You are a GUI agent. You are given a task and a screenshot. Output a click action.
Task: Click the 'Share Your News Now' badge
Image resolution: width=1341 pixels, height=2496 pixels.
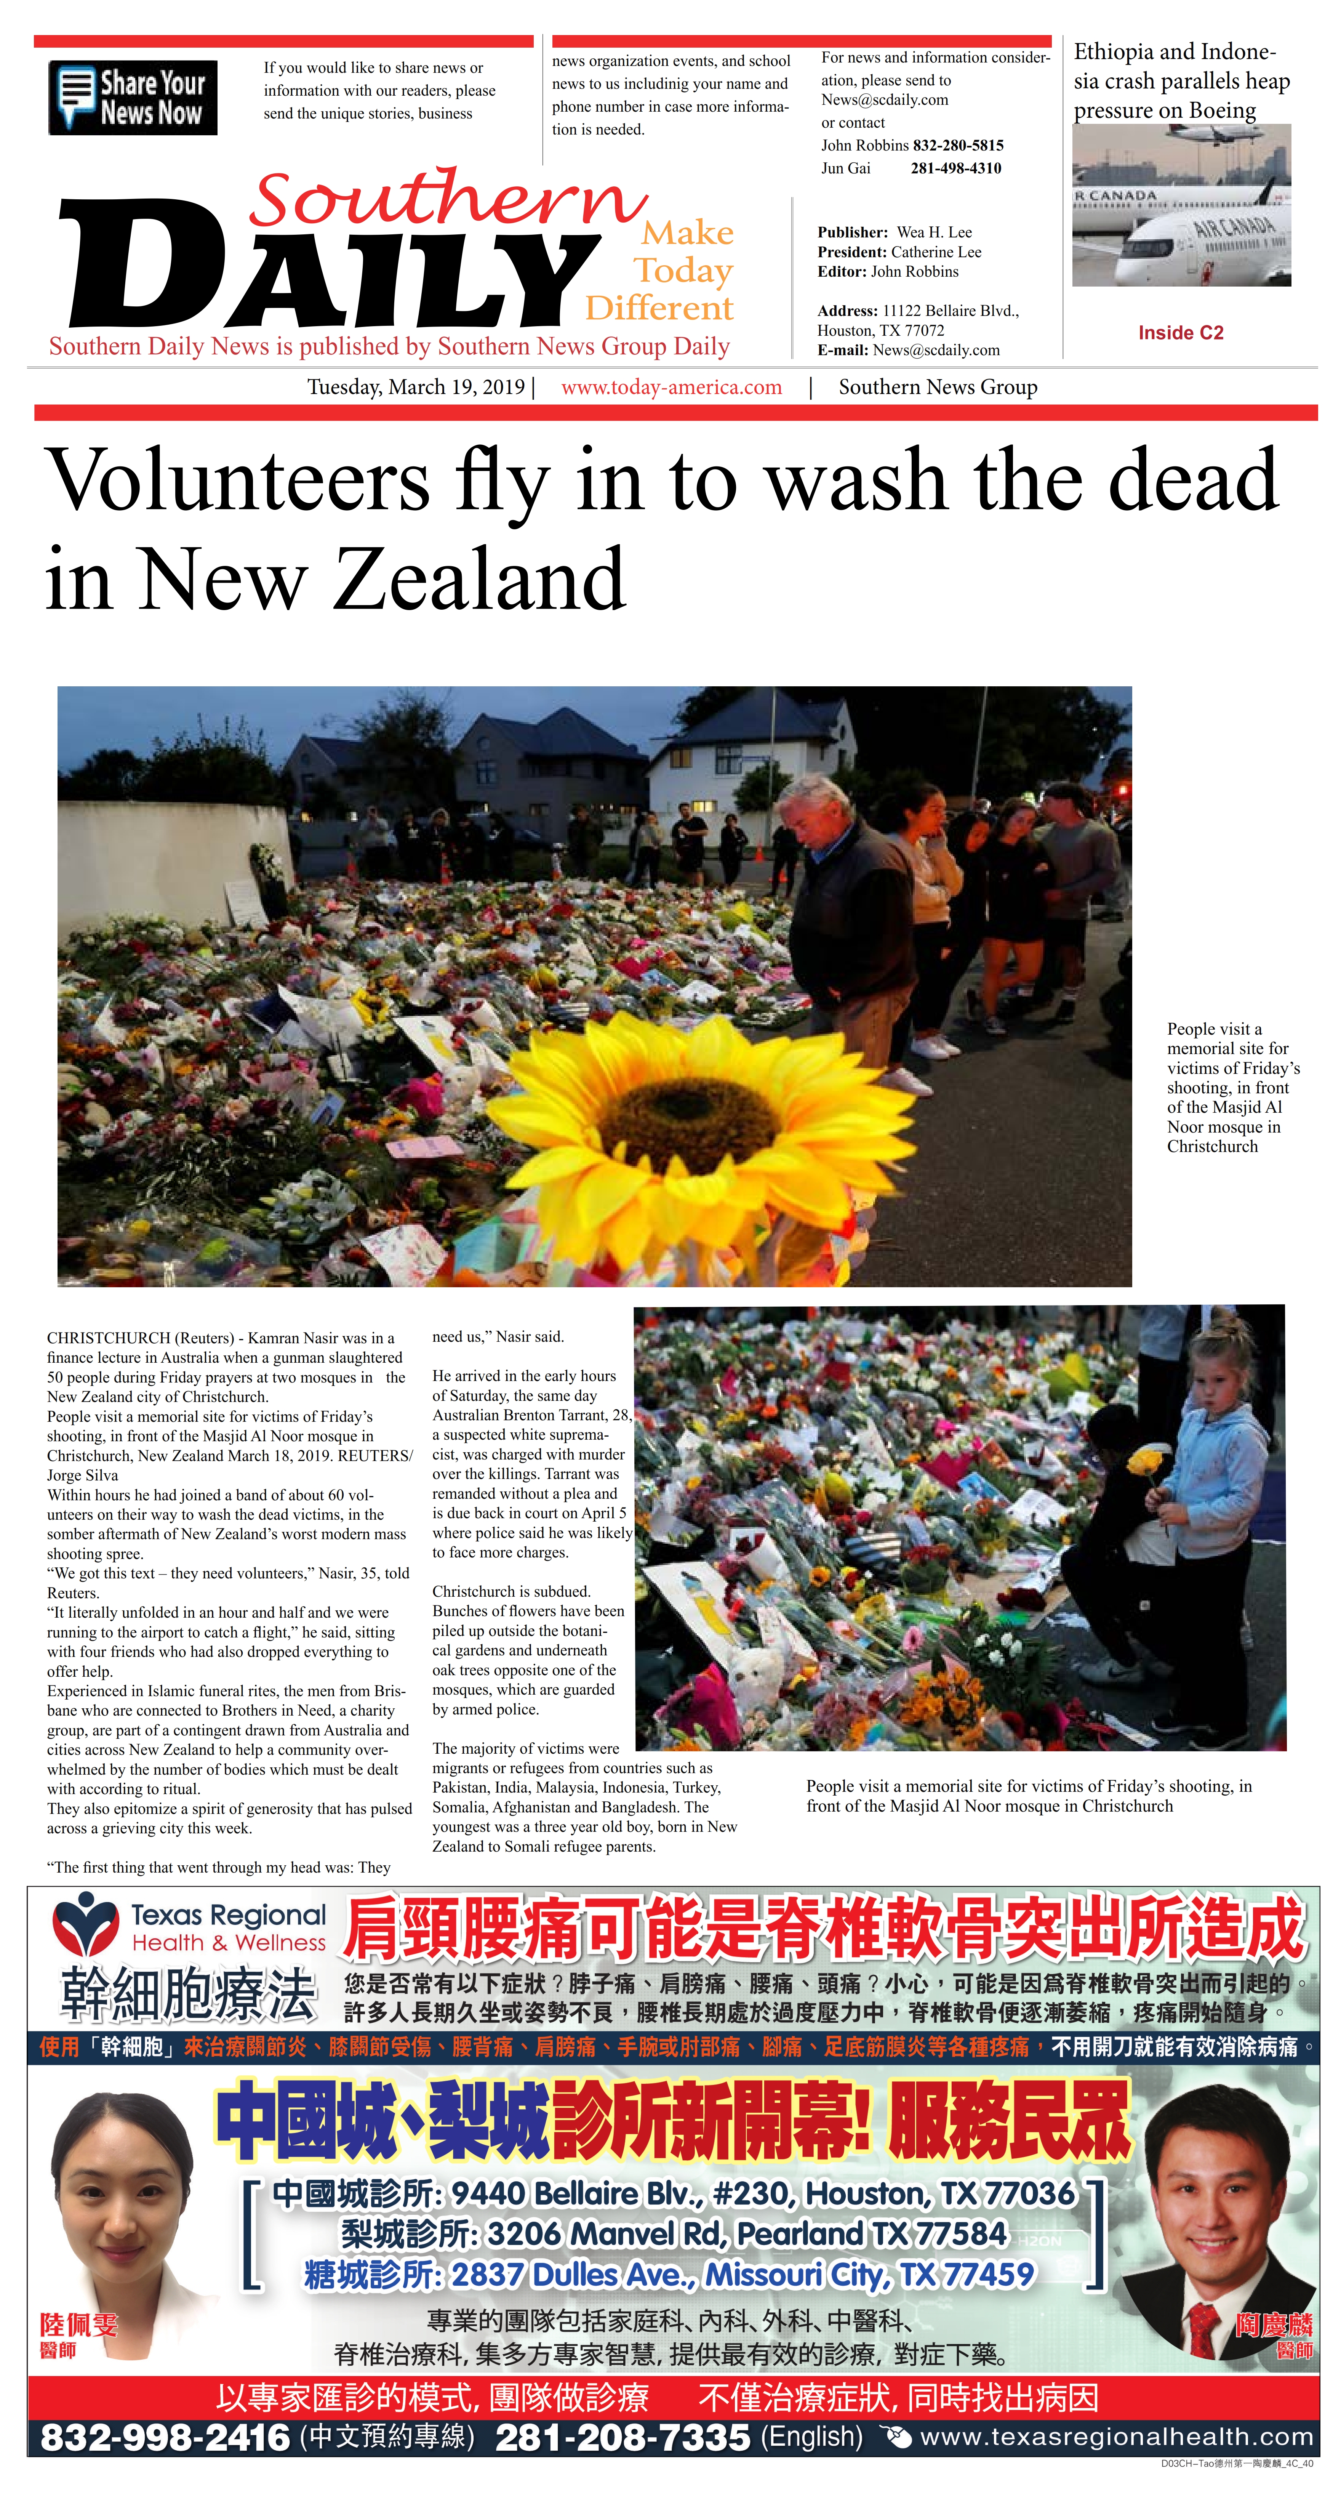pyautogui.click(x=133, y=98)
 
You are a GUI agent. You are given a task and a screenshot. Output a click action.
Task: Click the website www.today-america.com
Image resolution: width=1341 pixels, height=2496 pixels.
pyautogui.click(x=672, y=388)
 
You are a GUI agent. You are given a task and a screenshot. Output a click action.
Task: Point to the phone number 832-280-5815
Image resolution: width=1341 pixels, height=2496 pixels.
pyautogui.click(x=957, y=145)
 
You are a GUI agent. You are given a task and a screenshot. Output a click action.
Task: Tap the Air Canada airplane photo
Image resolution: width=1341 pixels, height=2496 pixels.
pyautogui.click(x=1181, y=205)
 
